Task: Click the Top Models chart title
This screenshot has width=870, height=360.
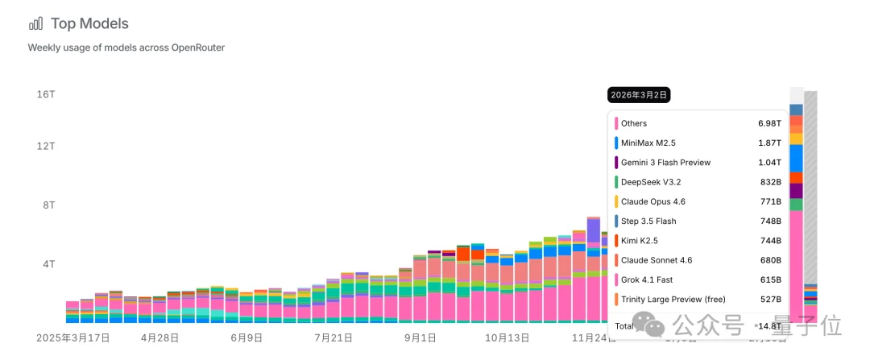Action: coord(89,24)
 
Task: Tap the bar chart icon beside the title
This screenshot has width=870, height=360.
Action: coord(35,23)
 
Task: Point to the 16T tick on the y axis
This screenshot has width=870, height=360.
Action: coord(46,94)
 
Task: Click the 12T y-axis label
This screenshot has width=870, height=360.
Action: coord(46,146)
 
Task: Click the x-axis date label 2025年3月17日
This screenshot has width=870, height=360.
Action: coord(73,338)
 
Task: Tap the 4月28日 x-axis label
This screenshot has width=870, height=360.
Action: coord(159,338)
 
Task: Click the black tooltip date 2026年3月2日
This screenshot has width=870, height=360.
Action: coord(639,95)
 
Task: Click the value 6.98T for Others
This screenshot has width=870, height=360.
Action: coord(770,123)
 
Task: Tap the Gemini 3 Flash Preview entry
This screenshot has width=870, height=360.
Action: coord(665,163)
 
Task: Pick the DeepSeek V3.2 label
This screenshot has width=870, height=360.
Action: coord(651,182)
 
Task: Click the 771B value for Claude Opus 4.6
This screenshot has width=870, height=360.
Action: coord(771,201)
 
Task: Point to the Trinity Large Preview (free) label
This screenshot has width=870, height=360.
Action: coord(673,300)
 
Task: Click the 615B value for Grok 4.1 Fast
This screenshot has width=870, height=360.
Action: coord(771,279)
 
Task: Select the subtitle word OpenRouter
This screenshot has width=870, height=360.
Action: coord(198,48)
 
